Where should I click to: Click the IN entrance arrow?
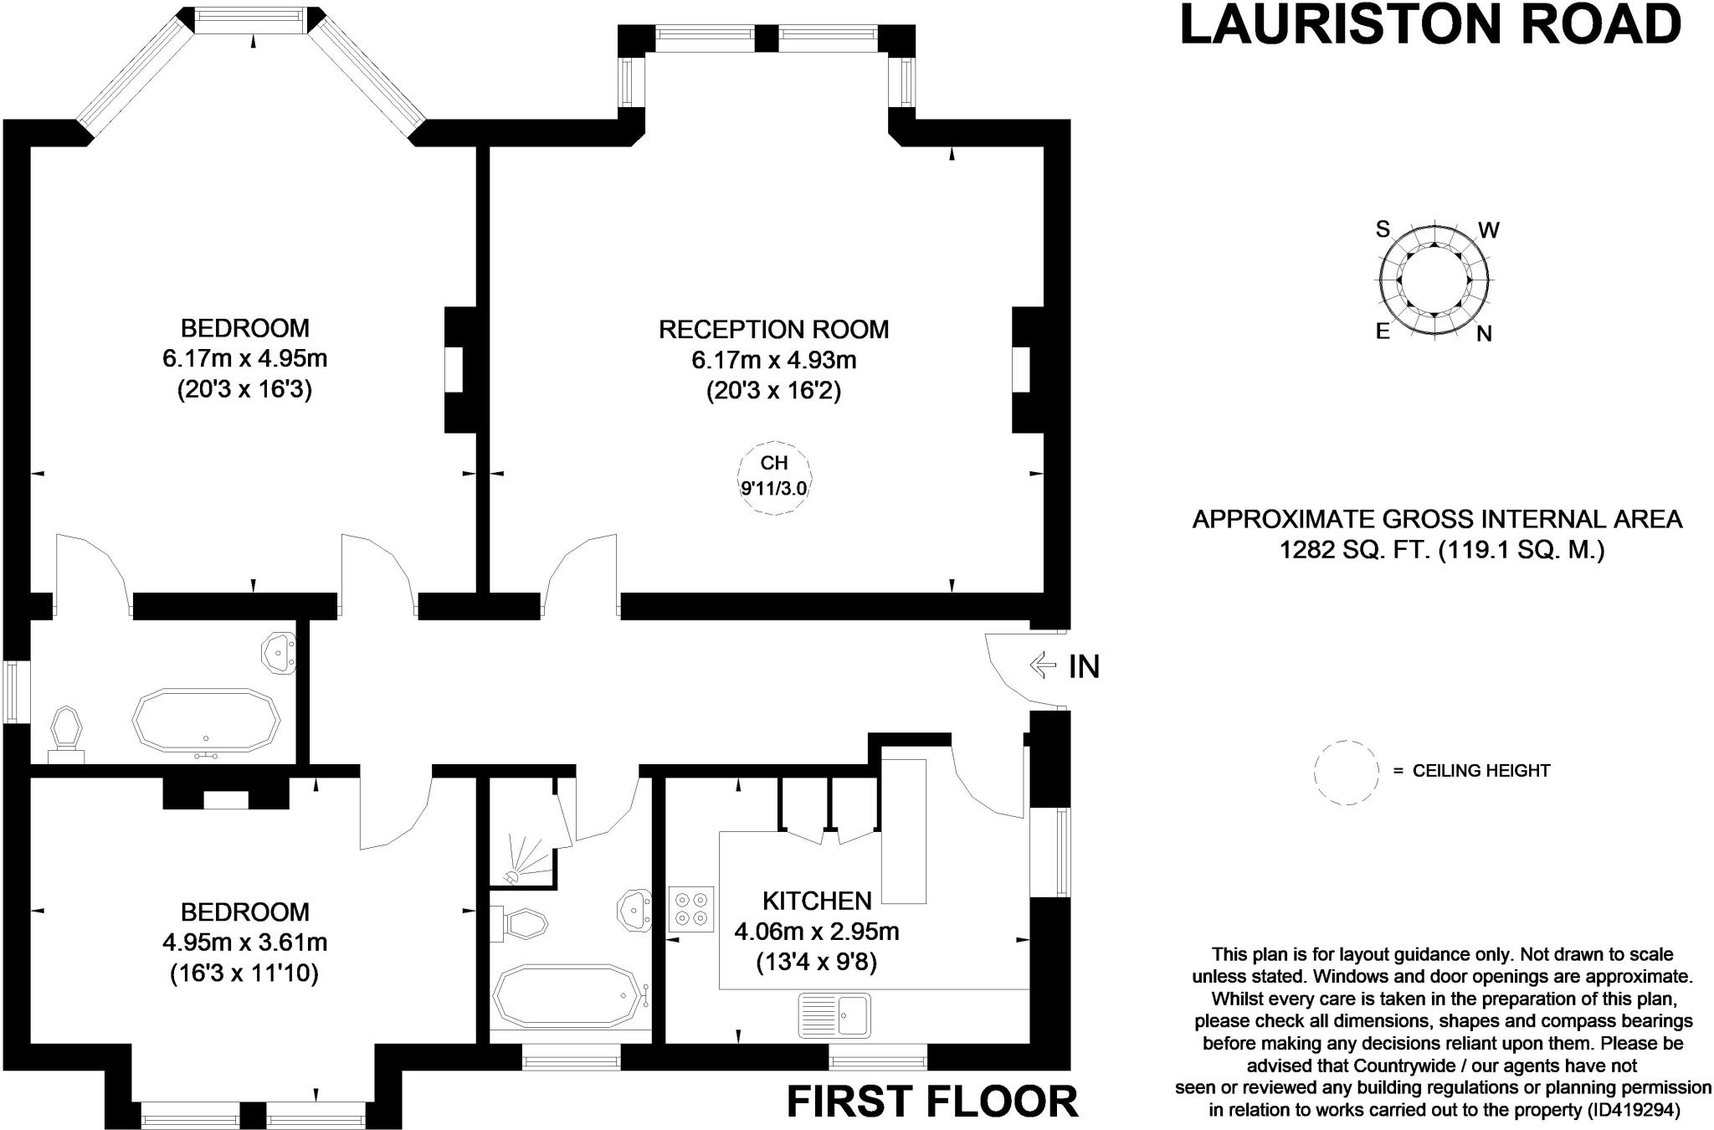click(1043, 665)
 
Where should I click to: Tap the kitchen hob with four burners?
click(690, 909)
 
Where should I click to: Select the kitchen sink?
click(834, 1014)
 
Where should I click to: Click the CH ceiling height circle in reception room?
click(774, 475)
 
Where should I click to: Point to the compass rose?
click(1434, 280)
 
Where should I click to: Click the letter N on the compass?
click(1484, 334)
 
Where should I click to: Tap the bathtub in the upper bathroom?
click(206, 719)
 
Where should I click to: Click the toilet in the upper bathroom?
click(66, 732)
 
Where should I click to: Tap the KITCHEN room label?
click(817, 901)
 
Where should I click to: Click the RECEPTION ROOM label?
click(773, 329)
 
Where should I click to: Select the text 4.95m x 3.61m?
click(244, 943)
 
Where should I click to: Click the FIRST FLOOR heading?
click(932, 1102)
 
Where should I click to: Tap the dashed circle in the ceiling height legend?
click(1346, 772)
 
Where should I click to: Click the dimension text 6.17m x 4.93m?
click(773, 360)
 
